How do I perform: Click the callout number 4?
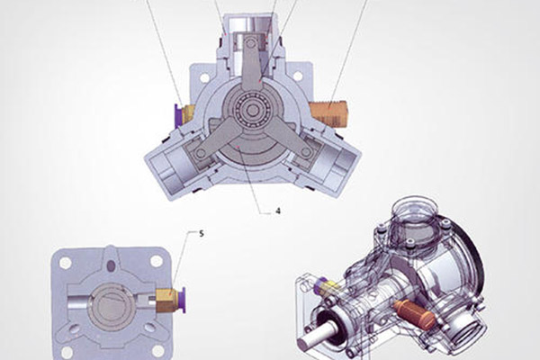click(278, 211)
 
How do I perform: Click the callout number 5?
click(202, 234)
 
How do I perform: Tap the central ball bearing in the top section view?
click(253, 110)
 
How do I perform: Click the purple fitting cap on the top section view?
click(179, 115)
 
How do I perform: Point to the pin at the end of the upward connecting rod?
click(250, 42)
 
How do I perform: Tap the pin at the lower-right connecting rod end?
click(306, 152)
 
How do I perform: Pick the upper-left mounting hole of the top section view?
click(204, 78)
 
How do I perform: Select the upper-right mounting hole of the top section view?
click(298, 76)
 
